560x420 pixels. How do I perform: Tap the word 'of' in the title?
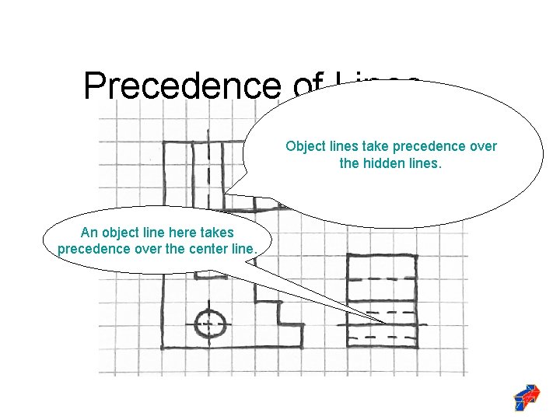click(x=306, y=89)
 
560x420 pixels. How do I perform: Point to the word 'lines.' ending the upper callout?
click(x=425, y=163)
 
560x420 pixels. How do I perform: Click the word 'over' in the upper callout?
click(x=482, y=146)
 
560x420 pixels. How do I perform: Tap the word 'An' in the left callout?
click(x=89, y=233)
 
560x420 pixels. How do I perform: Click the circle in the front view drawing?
click(x=209, y=324)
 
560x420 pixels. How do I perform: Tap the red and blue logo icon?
click(x=527, y=397)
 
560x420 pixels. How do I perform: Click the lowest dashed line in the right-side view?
click(x=381, y=338)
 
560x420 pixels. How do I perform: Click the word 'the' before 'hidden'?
click(x=350, y=163)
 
